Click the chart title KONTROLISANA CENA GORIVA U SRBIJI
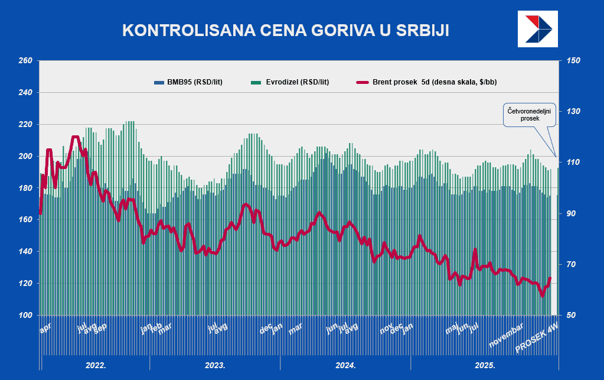(x=285, y=31)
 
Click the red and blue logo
(x=537, y=28)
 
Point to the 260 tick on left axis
(x=25, y=61)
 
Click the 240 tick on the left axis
(x=25, y=93)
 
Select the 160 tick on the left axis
(x=25, y=220)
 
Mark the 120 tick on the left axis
(x=25, y=284)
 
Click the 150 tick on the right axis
(x=574, y=61)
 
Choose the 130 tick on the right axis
(x=574, y=112)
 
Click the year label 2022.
(x=96, y=365)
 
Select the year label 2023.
(x=215, y=365)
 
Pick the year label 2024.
(x=345, y=365)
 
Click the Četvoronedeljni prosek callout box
(x=530, y=114)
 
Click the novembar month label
(x=507, y=336)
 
